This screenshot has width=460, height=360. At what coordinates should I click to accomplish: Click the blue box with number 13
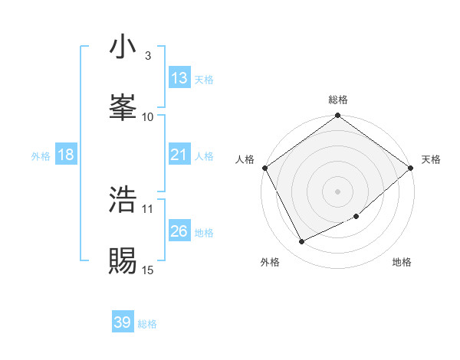pyautogui.click(x=179, y=78)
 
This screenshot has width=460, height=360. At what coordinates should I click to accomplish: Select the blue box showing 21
pyautogui.click(x=179, y=155)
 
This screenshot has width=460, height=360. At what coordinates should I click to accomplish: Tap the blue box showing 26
pyautogui.click(x=179, y=231)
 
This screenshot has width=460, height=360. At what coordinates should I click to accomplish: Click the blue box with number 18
pyautogui.click(x=65, y=155)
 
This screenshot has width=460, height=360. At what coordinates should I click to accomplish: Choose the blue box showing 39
pyautogui.click(x=122, y=322)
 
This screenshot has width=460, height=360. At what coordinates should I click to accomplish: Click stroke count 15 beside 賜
pyautogui.click(x=148, y=270)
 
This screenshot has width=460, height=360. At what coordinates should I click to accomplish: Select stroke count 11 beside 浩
pyautogui.click(x=148, y=208)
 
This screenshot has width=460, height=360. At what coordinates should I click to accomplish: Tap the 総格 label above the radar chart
pyautogui.click(x=338, y=100)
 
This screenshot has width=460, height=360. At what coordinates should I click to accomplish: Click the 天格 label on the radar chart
pyautogui.click(x=431, y=159)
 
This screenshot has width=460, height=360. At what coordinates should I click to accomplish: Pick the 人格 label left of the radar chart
pyautogui.click(x=245, y=159)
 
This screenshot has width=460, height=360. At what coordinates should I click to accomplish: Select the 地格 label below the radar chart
pyautogui.click(x=402, y=263)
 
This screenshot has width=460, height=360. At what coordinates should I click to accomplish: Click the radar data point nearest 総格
pyautogui.click(x=338, y=116)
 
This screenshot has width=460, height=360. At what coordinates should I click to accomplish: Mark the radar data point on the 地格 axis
pyautogui.click(x=356, y=217)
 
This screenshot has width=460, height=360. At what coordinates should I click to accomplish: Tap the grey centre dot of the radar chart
pyautogui.click(x=338, y=191)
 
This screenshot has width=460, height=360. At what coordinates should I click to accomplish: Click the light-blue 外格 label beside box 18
pyautogui.click(x=40, y=155)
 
